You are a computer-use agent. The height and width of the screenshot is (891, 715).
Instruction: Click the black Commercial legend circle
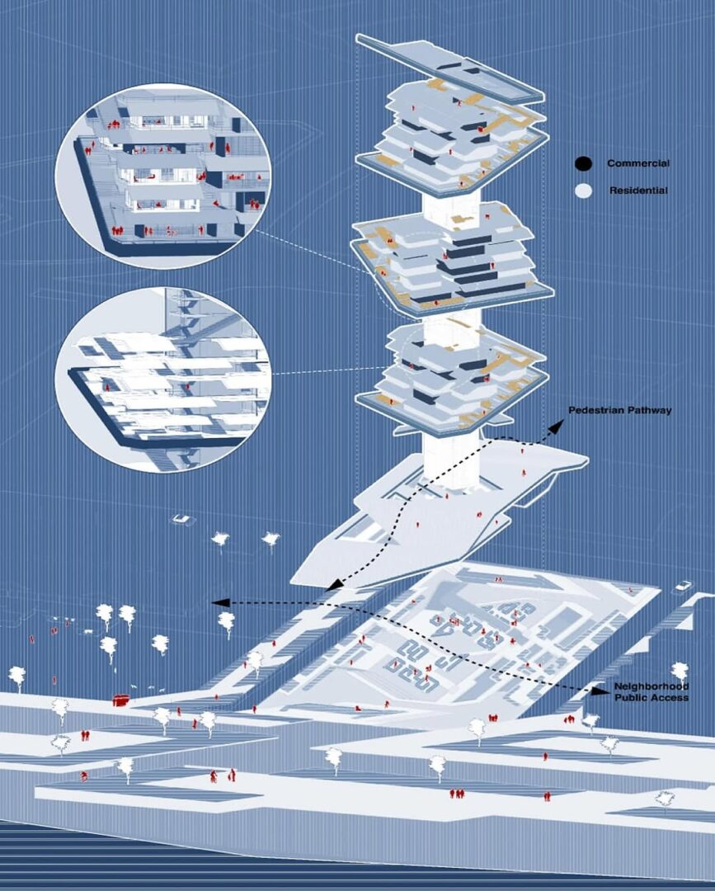point(583,163)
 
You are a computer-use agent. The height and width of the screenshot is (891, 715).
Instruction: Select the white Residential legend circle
point(583,191)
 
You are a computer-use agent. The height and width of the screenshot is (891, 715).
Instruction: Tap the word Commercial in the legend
point(638,163)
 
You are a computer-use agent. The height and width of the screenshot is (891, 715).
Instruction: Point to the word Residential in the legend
point(638,191)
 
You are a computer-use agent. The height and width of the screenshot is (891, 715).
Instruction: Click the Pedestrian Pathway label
point(619,410)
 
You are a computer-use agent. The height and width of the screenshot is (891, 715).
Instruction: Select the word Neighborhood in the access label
point(651,686)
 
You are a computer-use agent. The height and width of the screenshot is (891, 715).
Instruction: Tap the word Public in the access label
point(630,697)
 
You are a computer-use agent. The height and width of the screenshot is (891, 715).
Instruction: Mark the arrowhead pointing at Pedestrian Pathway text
point(557,427)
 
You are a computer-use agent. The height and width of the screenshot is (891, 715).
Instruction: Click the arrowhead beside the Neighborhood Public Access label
point(597,691)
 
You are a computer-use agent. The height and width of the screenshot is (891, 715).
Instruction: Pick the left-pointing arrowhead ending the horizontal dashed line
point(220,602)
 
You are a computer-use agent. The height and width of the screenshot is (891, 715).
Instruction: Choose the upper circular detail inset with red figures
point(163,177)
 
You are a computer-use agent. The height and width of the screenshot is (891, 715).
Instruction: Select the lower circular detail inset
point(163,379)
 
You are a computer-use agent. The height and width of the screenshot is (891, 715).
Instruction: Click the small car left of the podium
point(183,520)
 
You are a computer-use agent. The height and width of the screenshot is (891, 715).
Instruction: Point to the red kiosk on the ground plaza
point(120,700)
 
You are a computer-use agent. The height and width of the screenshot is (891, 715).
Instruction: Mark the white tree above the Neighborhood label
point(680,672)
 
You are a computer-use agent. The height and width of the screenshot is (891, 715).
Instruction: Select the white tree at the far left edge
point(17,677)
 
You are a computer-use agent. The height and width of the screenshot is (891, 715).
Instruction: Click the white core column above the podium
point(452,460)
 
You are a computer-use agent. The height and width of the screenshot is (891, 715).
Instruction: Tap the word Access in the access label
point(669,697)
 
